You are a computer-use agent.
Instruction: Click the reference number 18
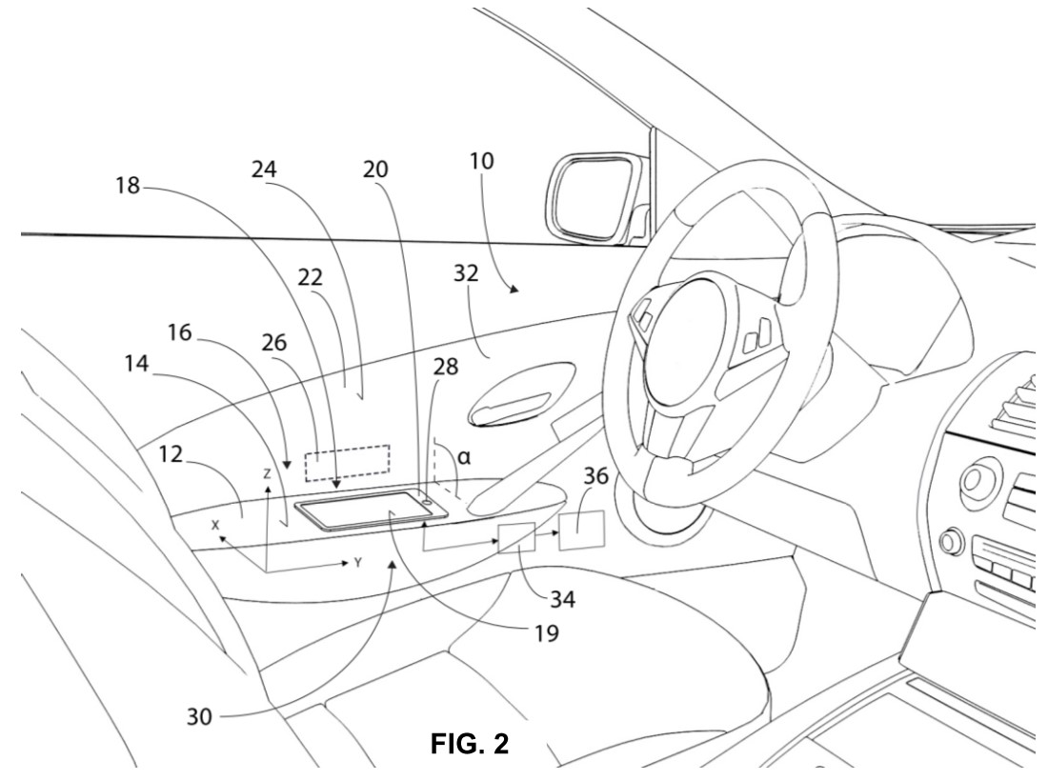(x=128, y=185)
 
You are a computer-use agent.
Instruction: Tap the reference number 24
(x=264, y=170)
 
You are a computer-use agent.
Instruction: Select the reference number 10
(x=481, y=161)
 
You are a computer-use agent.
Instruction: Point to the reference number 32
(x=466, y=273)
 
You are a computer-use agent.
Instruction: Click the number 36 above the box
(x=596, y=476)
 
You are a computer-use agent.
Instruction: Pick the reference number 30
(x=199, y=717)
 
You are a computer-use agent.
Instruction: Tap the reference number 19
(x=547, y=632)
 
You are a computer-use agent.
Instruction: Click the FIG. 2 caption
(x=470, y=743)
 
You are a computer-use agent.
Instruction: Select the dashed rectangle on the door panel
(x=348, y=463)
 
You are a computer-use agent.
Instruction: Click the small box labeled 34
(x=517, y=538)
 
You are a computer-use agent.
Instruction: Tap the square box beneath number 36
(x=581, y=531)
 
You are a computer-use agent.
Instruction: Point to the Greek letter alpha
(x=464, y=457)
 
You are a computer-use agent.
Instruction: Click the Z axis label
(x=268, y=473)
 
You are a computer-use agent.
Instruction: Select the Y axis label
(x=358, y=563)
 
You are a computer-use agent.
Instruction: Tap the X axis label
(x=215, y=526)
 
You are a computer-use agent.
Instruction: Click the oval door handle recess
(x=522, y=393)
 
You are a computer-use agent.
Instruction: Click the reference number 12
(x=171, y=454)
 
